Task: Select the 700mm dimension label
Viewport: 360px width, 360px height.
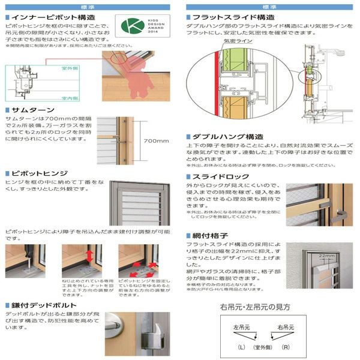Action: pos(157,140)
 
